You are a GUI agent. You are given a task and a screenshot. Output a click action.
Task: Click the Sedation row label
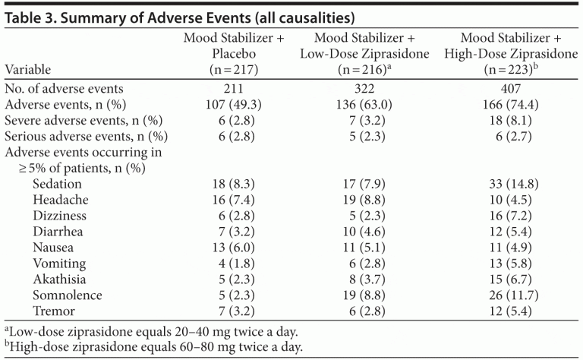coord(57,184)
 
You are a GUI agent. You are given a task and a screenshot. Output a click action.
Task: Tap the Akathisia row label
coord(60,279)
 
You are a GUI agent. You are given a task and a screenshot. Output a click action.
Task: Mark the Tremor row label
coord(54,311)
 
